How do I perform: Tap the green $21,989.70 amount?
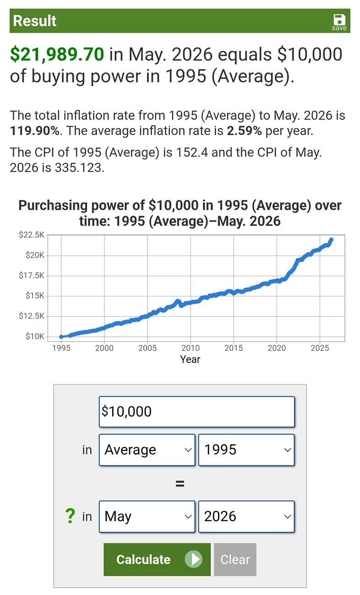click(57, 54)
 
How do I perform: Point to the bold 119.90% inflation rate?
click(34, 131)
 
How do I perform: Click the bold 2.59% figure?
click(244, 131)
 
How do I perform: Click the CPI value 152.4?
click(192, 152)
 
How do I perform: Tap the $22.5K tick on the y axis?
click(32, 235)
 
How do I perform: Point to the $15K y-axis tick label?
click(35, 295)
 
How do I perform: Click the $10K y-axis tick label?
click(35, 336)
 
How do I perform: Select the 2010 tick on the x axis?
click(191, 348)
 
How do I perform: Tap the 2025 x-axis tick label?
click(320, 348)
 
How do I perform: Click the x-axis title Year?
click(190, 359)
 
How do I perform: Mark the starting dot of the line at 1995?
click(61, 336)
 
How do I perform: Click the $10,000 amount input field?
click(197, 412)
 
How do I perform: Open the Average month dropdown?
click(147, 450)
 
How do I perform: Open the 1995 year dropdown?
click(246, 450)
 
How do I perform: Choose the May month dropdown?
click(147, 517)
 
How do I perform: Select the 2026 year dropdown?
click(246, 517)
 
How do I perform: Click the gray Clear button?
click(235, 560)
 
